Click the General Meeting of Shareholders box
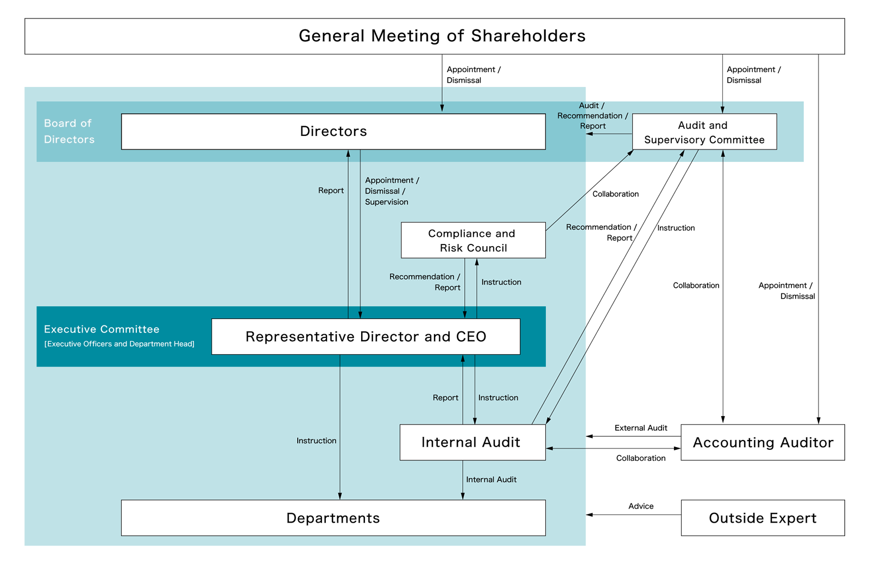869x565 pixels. tap(434, 36)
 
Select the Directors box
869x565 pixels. tap(333, 131)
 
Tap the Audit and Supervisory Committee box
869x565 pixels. tap(704, 132)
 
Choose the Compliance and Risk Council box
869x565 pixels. tap(473, 240)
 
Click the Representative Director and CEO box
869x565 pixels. tap(366, 337)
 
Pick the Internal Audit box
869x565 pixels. tap(472, 442)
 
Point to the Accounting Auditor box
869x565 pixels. tap(763, 442)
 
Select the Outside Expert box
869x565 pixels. tap(763, 518)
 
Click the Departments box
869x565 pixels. tap(333, 518)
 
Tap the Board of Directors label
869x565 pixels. tap(69, 131)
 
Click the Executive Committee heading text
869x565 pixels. tap(102, 329)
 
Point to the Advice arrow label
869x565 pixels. tap(641, 506)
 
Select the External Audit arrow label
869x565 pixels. tap(641, 428)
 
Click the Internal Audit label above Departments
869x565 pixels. tap(491, 479)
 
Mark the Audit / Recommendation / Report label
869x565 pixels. tap(592, 116)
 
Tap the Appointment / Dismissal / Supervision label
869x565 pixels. tap(391, 191)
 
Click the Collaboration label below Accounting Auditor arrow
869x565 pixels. tap(641, 458)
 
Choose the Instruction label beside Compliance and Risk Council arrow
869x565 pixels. tap(501, 282)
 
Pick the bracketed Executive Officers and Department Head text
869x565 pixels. tap(119, 344)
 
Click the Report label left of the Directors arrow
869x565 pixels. tap(331, 191)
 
